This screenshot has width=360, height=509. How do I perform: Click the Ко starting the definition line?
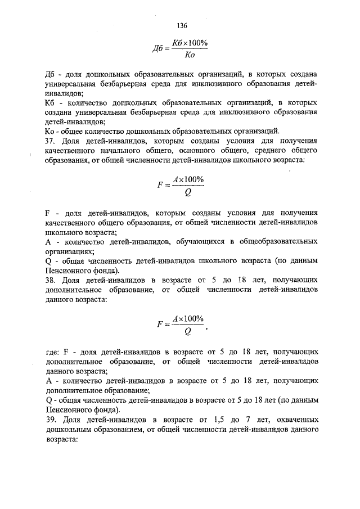coord(49,130)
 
